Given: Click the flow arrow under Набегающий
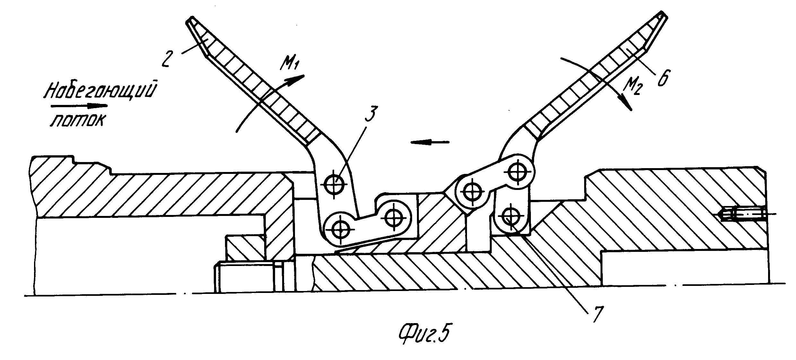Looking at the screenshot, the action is click(x=79, y=105).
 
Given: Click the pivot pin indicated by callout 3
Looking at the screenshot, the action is click(x=334, y=184).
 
